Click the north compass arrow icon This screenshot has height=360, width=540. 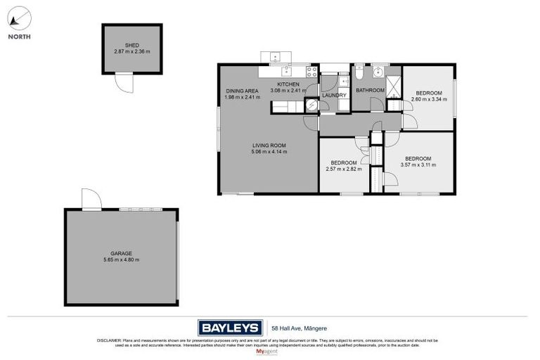pyautogui.click(x=19, y=18)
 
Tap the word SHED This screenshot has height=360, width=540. pyautogui.click(x=132, y=44)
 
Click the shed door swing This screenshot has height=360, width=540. pyautogui.click(x=124, y=83)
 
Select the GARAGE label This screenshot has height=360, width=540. pyautogui.click(x=121, y=253)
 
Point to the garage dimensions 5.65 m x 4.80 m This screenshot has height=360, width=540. pyautogui.click(x=121, y=260)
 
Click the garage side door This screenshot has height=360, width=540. pyautogui.click(x=91, y=200)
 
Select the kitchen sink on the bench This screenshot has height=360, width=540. pyautogui.click(x=287, y=71)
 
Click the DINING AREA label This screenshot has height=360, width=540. pyautogui.click(x=243, y=91)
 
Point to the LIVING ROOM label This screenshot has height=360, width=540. pyautogui.click(x=269, y=146)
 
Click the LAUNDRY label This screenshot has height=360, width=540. pyautogui.click(x=334, y=95)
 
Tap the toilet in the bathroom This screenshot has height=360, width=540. pyautogui.click(x=359, y=72)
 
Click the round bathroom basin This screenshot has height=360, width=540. pyautogui.click(x=378, y=71)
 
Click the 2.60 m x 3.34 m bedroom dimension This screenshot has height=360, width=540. pyautogui.click(x=428, y=99)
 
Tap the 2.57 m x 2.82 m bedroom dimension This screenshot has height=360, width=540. pyautogui.click(x=344, y=169)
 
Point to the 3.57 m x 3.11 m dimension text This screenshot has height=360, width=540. pyautogui.click(x=418, y=165)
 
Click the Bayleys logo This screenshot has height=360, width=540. pyautogui.click(x=230, y=328)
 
